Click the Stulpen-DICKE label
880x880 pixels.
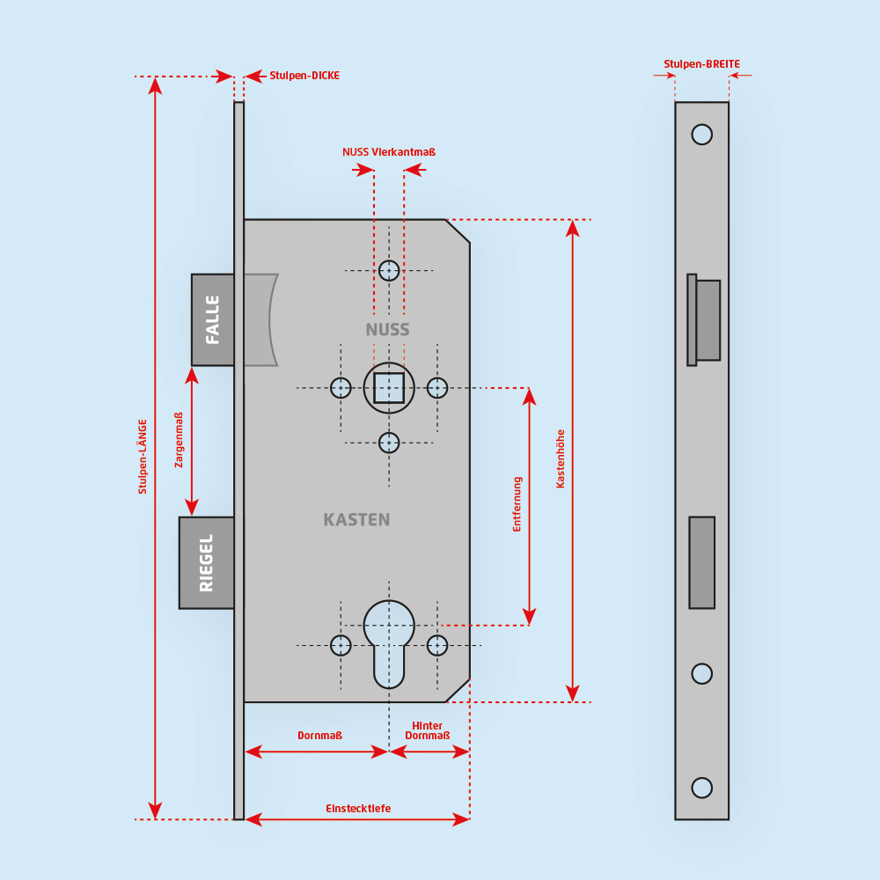(304, 76)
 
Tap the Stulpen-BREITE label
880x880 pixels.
(701, 64)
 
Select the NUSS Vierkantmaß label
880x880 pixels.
(389, 152)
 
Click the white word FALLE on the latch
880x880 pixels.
(213, 319)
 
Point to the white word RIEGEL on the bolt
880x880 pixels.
(207, 562)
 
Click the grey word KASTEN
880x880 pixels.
(356, 520)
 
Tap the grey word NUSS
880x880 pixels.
(388, 330)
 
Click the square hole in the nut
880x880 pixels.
(389, 388)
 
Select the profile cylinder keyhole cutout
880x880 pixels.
(389, 642)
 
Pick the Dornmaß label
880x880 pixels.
(319, 736)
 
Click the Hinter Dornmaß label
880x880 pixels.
(428, 730)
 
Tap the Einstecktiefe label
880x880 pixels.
(358, 809)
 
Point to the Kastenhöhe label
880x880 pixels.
(561, 458)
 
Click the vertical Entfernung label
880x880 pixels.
(517, 504)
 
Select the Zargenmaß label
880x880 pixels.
(180, 440)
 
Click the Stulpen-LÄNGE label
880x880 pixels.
(143, 456)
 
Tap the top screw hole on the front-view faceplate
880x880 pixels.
(701, 135)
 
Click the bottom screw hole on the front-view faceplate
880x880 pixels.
(701, 787)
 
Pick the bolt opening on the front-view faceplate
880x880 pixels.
(701, 562)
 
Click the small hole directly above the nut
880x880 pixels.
(389, 270)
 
